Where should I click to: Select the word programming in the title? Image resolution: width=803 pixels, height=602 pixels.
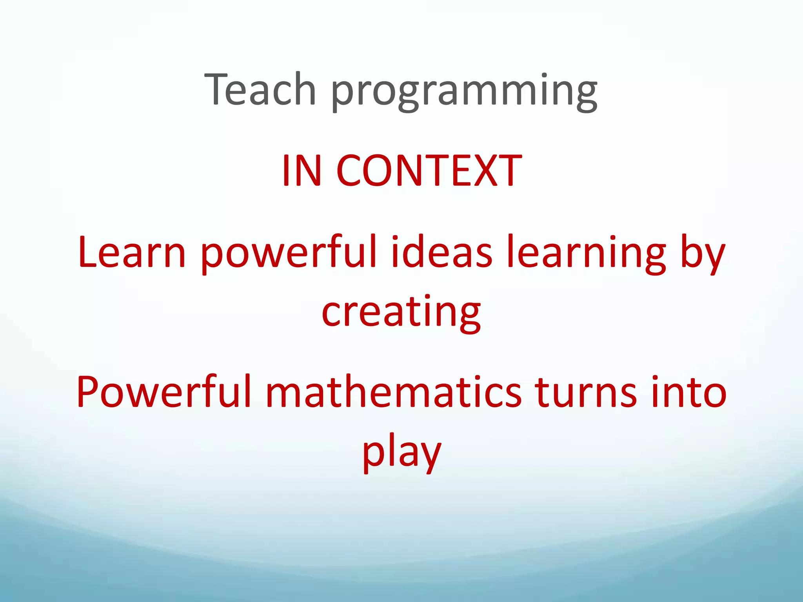point(464,92)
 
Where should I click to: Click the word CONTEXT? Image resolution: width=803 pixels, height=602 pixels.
point(429,171)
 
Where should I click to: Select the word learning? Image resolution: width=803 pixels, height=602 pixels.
point(586,255)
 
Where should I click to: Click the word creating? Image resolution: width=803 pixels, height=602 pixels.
point(401,314)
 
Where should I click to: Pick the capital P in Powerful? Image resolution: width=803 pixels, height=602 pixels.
point(88,392)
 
